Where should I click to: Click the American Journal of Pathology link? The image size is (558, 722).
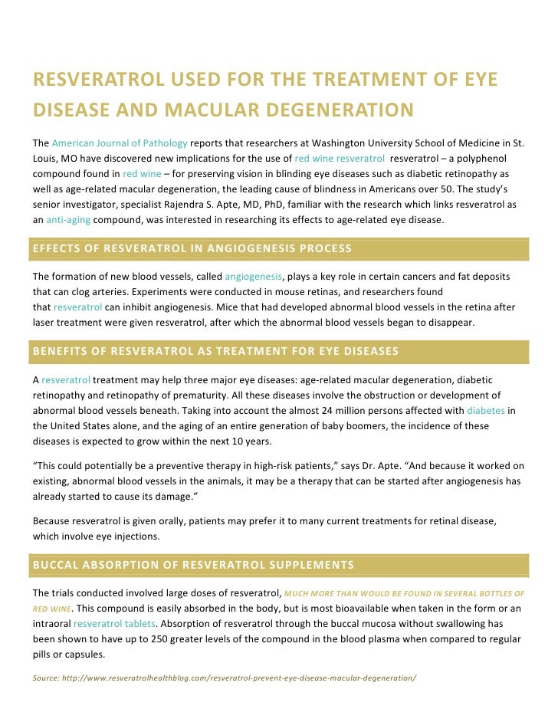pyautogui.click(x=120, y=143)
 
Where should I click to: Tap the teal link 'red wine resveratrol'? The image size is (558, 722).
pyautogui.click(x=339, y=158)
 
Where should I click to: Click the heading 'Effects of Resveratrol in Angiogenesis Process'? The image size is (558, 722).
pyautogui.click(x=192, y=248)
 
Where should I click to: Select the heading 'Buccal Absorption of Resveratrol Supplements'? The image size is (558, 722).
pyautogui.click(x=193, y=566)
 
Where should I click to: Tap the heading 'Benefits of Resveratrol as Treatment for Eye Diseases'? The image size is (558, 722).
pyautogui.click(x=215, y=352)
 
